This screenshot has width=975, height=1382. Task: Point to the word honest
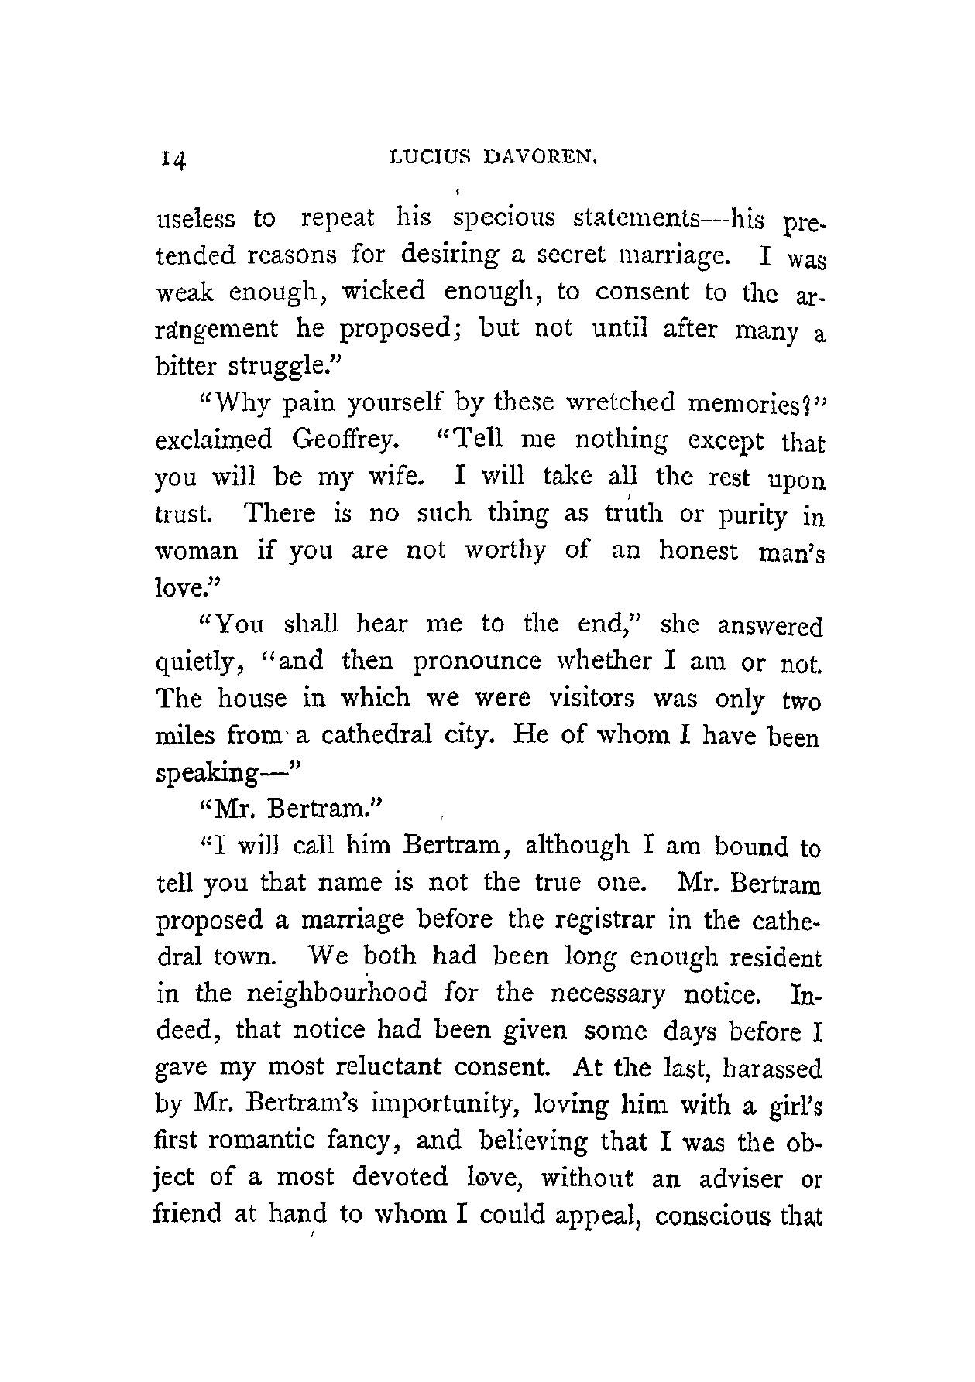click(x=699, y=551)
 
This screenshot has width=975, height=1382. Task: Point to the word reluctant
click(x=390, y=1068)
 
